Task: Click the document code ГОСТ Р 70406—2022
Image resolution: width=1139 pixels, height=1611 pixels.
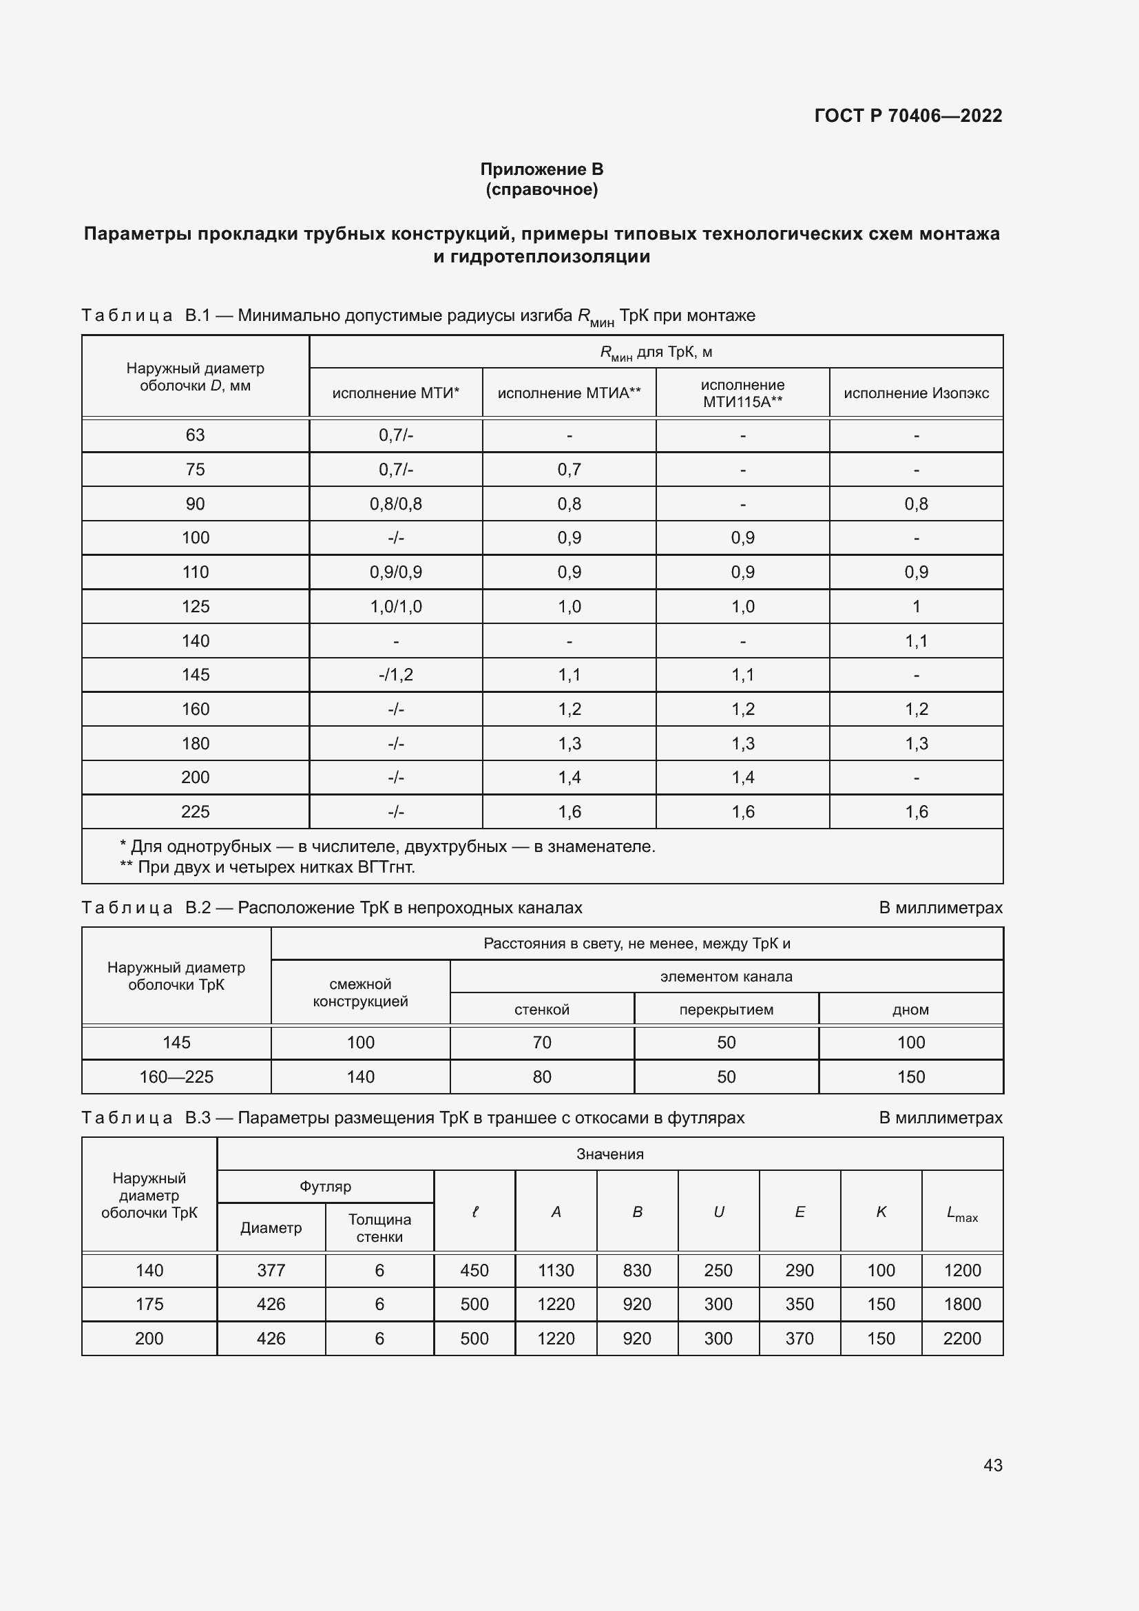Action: point(908,116)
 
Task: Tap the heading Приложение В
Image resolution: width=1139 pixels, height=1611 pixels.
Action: point(541,169)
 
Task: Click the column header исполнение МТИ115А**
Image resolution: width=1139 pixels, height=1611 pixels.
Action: point(743,393)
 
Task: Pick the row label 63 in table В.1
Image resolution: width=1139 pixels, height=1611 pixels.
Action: point(195,435)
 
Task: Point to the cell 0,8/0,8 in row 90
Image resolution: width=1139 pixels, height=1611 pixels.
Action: point(395,503)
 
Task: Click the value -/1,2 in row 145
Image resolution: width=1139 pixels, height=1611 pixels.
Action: point(395,675)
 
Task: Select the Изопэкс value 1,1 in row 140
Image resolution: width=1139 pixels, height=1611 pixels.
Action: point(916,641)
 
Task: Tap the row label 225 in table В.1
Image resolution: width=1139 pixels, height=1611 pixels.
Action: point(195,812)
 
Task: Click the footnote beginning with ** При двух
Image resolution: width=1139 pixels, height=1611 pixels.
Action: point(268,867)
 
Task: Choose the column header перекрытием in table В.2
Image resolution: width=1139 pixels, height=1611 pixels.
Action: point(726,1010)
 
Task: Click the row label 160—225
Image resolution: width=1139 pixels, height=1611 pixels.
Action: point(176,1077)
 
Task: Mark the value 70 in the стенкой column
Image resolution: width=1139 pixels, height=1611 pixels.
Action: point(541,1043)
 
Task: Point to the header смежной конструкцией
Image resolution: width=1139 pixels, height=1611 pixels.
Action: point(360,993)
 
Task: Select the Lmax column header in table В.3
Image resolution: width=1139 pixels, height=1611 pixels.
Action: point(961,1212)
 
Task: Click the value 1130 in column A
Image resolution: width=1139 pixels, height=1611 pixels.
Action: point(556,1271)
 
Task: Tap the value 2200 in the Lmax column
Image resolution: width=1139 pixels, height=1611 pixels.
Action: point(961,1339)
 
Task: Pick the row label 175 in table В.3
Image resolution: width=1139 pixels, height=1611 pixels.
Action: point(149,1305)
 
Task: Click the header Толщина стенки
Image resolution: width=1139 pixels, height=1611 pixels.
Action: point(379,1228)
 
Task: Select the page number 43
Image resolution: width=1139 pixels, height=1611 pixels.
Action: point(992,1465)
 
